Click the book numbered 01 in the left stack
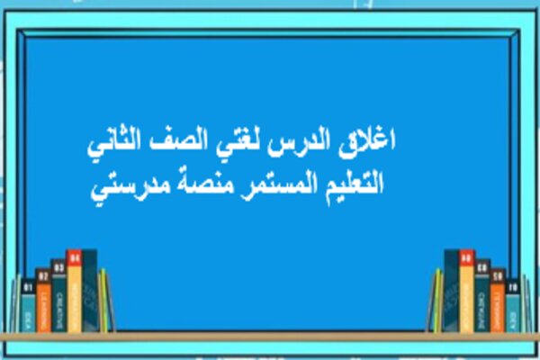[28, 306]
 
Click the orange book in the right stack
[497, 301]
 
